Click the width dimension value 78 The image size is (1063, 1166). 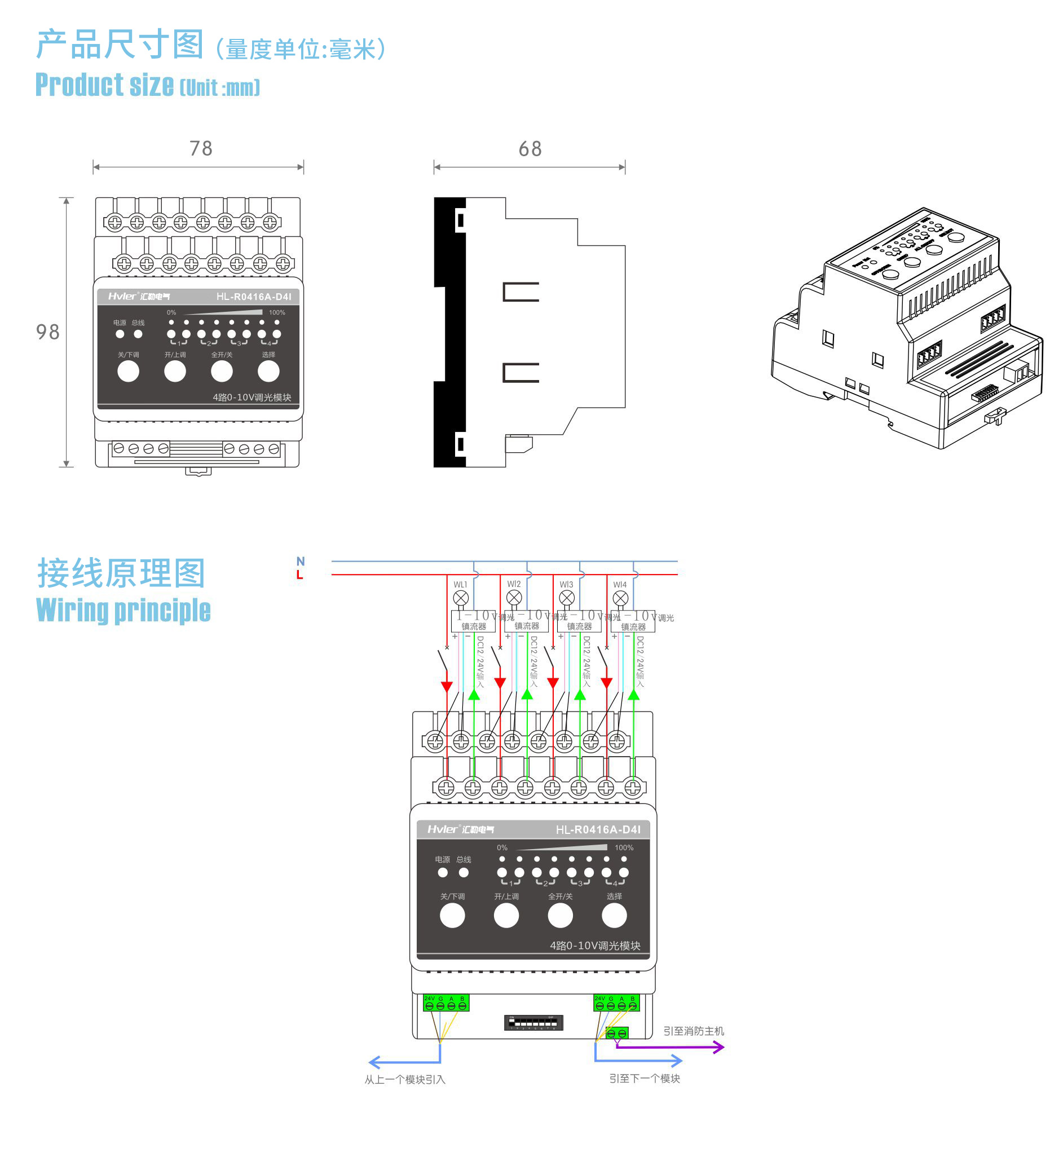(201, 149)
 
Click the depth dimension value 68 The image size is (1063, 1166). (530, 149)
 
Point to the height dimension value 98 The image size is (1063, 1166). (47, 332)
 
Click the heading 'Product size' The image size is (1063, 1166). (105, 85)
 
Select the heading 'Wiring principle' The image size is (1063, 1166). (123, 610)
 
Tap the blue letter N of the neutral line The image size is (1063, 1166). (300, 562)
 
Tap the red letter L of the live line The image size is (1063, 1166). (299, 575)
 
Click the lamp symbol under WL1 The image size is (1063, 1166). (460, 598)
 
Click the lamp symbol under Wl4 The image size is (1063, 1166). (620, 598)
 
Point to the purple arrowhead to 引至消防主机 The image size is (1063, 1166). (719, 1047)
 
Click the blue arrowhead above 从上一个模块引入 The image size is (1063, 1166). (374, 1062)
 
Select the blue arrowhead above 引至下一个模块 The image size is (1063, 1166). (677, 1061)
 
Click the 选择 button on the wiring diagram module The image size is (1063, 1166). (614, 916)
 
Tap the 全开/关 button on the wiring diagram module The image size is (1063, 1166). (560, 916)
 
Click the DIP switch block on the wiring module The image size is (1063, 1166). (533, 1023)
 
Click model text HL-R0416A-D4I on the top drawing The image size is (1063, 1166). (254, 297)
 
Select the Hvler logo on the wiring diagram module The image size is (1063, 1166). (460, 829)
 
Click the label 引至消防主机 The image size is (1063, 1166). (693, 1031)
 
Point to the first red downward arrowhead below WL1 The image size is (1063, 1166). (447, 687)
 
